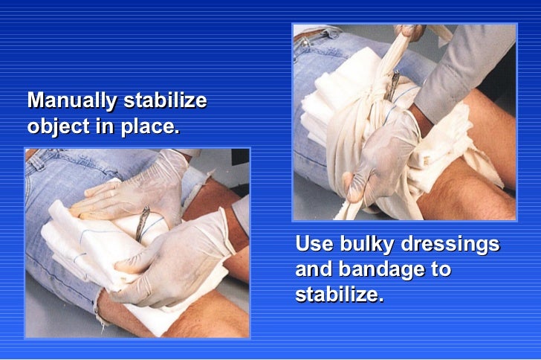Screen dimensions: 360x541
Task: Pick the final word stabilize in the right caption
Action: click(x=339, y=295)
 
